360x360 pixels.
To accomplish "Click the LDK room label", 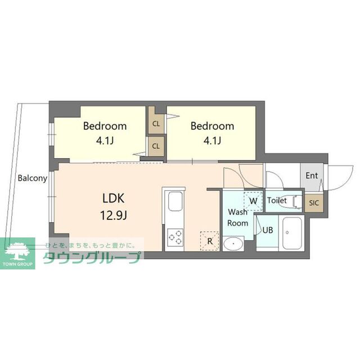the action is pos(114,198).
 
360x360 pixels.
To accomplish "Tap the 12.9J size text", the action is pos(114,215).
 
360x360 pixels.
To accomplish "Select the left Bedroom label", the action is pos(105,126).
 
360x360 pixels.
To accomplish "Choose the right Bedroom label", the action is pos(213,126).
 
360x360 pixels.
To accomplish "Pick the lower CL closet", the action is pos(156,146).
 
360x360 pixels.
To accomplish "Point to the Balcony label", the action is pos(33,178).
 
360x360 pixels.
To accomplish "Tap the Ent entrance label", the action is pos(312,175).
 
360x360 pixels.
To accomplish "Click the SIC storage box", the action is pos(314,203).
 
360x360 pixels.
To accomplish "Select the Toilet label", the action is pos(277,200).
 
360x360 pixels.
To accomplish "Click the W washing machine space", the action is pos(253,201).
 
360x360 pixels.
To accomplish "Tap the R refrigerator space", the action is pos(210,241).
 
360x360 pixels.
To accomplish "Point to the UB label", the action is pos(268,230).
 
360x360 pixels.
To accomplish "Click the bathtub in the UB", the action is pos(292,233).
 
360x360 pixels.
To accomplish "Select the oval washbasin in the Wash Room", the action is pos(233,244).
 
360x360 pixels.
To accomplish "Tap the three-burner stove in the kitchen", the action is pos(175,237).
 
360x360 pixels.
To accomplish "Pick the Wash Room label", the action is pos(237,218).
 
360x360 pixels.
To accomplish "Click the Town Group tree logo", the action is pos(17,253).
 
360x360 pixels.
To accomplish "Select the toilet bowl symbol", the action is pos(298,202).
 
